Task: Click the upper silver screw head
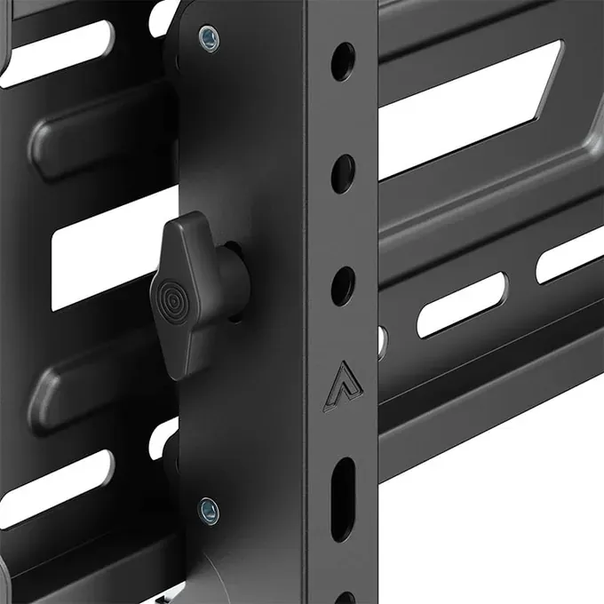[x=207, y=37]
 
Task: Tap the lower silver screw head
[x=208, y=509]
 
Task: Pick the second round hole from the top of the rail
[x=343, y=173]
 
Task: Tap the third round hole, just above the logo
[x=343, y=285]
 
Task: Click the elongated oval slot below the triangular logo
[x=343, y=487]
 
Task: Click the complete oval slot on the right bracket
[x=462, y=305]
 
